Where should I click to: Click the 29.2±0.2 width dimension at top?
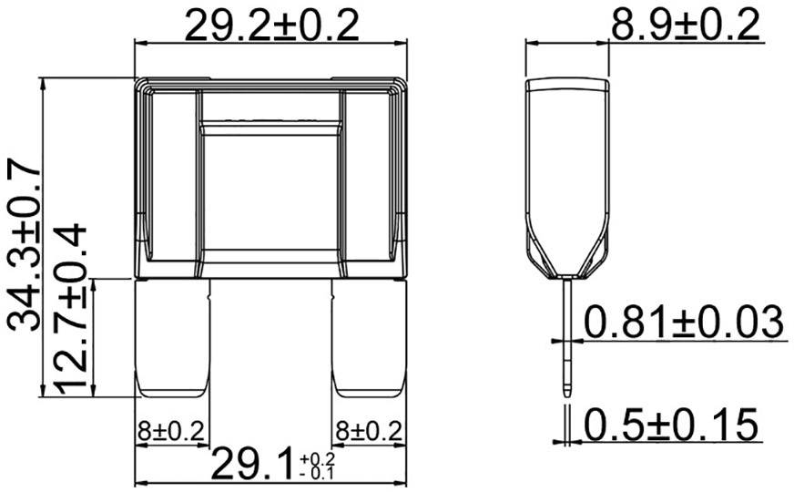tap(272, 25)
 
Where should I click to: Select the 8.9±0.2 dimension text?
tap(684, 25)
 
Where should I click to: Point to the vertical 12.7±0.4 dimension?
tap(73, 310)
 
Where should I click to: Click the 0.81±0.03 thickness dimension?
tap(683, 323)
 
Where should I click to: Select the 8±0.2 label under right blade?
tap(367, 429)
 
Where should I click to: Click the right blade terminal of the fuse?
tap(367, 337)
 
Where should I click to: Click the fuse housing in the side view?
tap(568, 173)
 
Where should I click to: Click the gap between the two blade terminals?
tap(271, 337)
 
